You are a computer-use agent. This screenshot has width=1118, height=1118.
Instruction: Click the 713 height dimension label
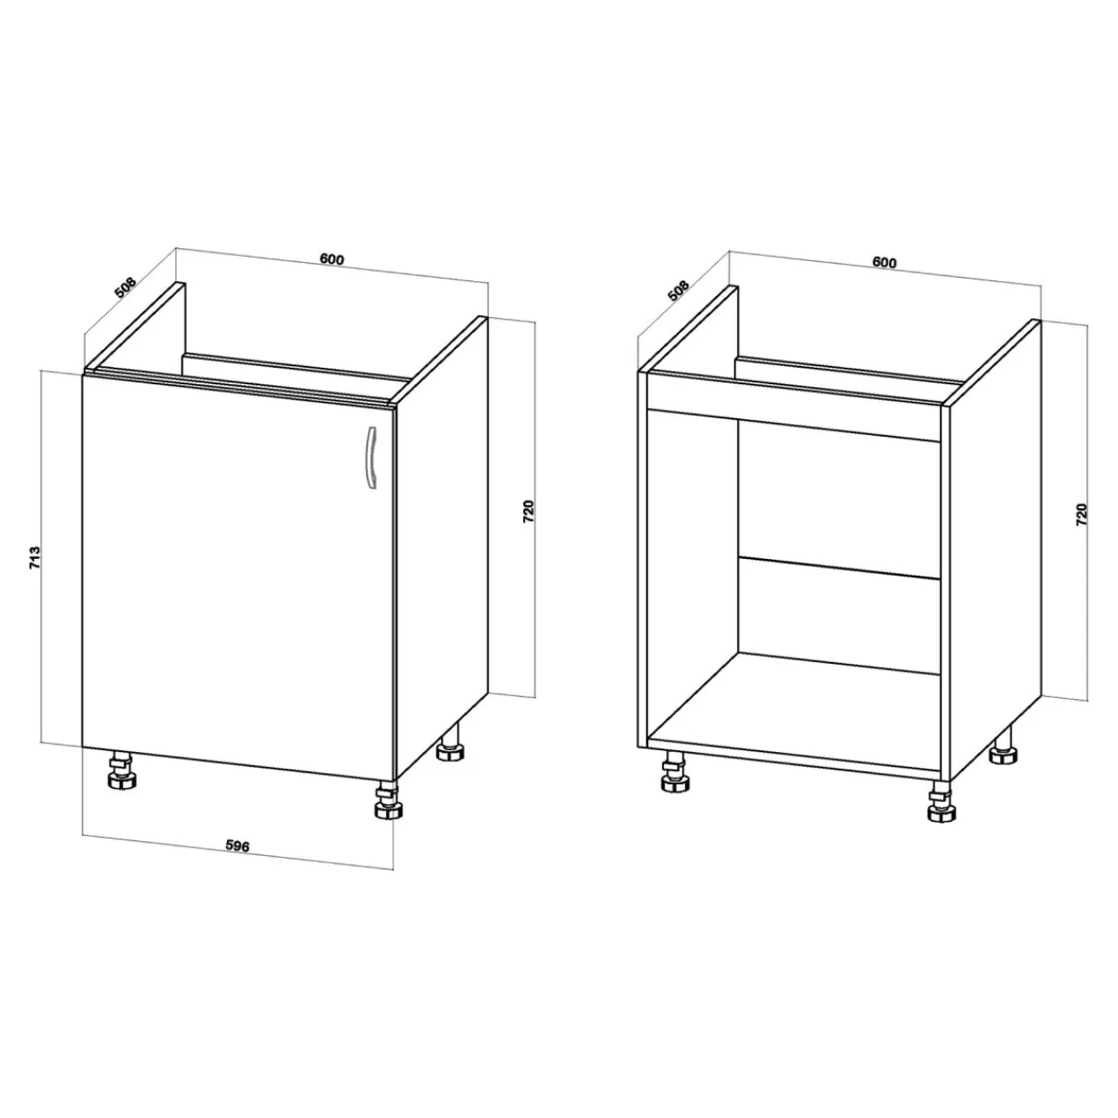point(36,557)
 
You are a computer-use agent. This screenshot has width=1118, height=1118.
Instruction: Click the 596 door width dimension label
point(237,846)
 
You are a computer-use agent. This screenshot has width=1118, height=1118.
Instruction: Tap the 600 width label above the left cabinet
point(332,259)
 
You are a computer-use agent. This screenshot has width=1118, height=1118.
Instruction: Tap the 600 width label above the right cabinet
point(884,262)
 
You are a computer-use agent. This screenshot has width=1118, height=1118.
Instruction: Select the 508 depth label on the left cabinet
point(125,287)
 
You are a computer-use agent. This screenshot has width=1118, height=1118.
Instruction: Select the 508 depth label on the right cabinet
point(679,291)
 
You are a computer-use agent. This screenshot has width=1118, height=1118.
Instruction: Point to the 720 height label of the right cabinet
point(1080,514)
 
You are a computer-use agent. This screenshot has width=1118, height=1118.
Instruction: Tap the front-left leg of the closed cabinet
point(121,771)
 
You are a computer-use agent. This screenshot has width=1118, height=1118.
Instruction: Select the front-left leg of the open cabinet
point(675,772)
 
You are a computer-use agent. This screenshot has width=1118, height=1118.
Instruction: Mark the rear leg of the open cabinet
point(1002,745)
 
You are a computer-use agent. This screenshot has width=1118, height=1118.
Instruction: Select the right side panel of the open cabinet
point(995,551)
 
